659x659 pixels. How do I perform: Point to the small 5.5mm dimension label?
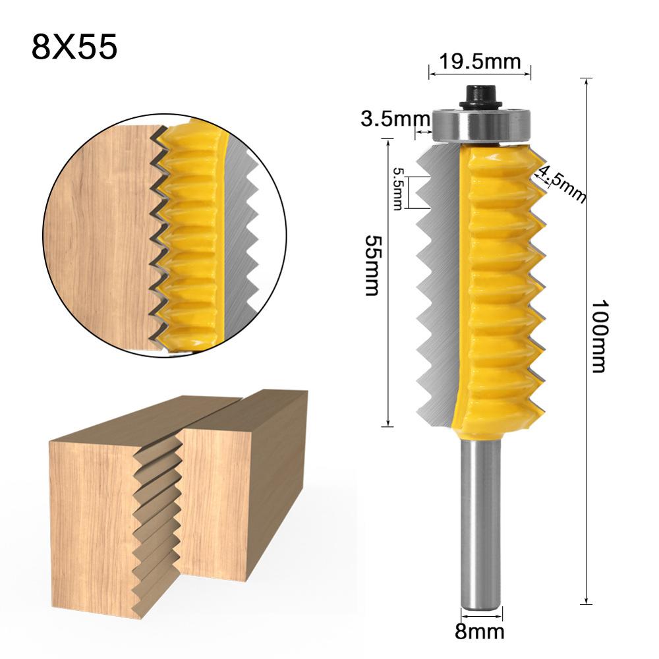397,188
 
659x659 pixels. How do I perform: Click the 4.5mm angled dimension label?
562,183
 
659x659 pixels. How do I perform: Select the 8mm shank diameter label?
479,633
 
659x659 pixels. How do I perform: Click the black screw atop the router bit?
480,97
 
